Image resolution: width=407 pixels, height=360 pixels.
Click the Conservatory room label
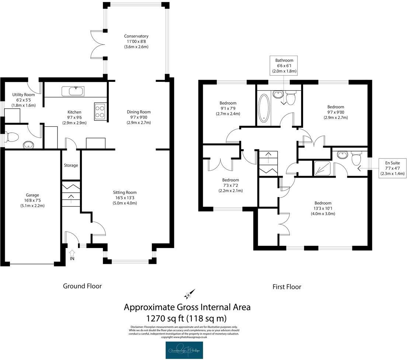click(136, 36)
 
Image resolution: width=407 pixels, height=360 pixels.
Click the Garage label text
click(32, 195)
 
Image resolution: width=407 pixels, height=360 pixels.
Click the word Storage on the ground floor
click(71, 165)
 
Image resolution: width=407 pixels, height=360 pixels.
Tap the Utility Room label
click(23, 95)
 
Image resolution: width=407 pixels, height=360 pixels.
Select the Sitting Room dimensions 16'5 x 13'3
click(125, 198)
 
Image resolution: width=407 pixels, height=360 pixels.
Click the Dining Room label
click(139, 112)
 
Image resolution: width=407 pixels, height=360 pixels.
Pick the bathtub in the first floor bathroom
click(264, 108)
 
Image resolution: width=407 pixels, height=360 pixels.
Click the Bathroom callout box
click(284, 65)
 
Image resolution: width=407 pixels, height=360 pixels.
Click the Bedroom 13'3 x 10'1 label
click(323, 203)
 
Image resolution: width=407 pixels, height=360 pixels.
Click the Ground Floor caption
click(82, 286)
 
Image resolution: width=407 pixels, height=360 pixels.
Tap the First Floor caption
click(286, 287)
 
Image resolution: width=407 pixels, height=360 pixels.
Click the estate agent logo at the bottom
click(184, 350)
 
